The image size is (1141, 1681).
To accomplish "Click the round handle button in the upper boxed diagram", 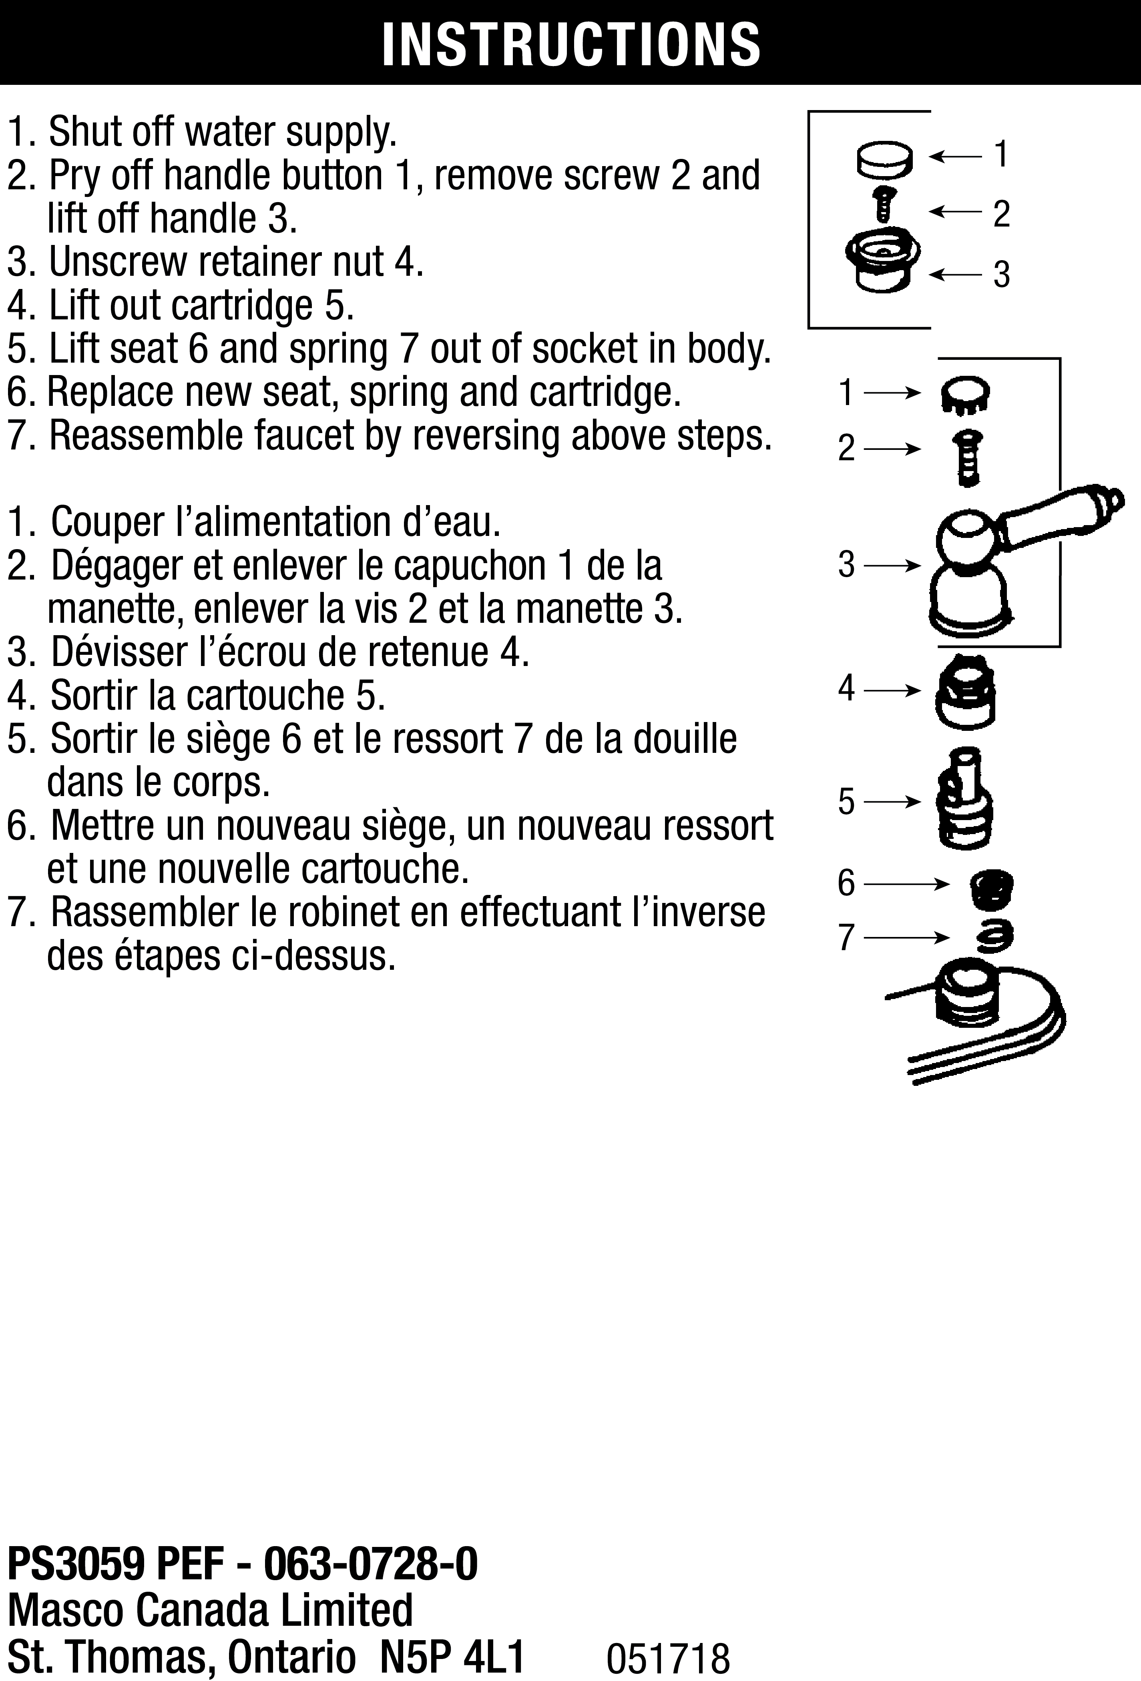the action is (x=884, y=160).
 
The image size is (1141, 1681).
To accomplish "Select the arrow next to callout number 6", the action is (x=906, y=884).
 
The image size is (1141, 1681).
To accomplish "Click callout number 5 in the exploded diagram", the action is (x=846, y=801).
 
